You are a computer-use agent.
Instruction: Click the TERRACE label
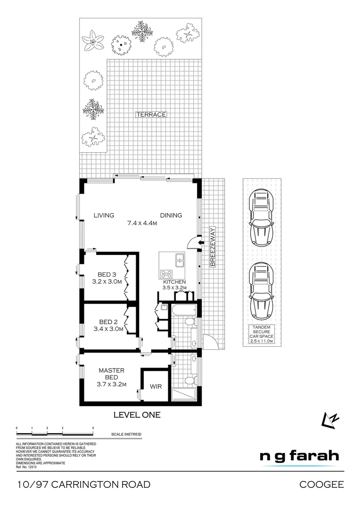pos(151,115)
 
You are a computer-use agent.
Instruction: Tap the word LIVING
pos(104,215)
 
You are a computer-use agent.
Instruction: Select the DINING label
pos(171,215)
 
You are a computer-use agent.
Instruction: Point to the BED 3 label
pos(107,274)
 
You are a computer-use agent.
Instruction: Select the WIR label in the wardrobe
pos(156,386)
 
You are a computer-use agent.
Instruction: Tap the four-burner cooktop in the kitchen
pos(167,273)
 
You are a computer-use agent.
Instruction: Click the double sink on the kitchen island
pos(179,258)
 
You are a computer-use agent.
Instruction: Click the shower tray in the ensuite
pos(185,395)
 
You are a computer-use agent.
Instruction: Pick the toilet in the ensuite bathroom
pos(190,380)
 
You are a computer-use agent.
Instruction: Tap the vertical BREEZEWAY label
pos(213,247)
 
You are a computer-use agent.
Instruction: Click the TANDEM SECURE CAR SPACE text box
pos(262,334)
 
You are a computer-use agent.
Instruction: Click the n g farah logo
pos(299,456)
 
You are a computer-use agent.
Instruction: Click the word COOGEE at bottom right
pos(322,484)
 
